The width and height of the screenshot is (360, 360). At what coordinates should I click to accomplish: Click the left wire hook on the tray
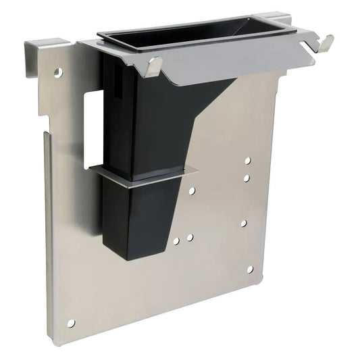(155, 66)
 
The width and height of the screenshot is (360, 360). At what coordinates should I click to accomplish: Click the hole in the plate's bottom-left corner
(71, 323)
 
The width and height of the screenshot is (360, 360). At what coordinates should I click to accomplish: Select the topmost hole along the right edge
(247, 161)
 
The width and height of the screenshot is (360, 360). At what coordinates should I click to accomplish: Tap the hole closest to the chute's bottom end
(176, 241)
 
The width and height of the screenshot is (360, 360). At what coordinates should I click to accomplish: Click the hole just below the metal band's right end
(192, 191)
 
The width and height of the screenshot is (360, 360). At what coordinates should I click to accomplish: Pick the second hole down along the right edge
(247, 178)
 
